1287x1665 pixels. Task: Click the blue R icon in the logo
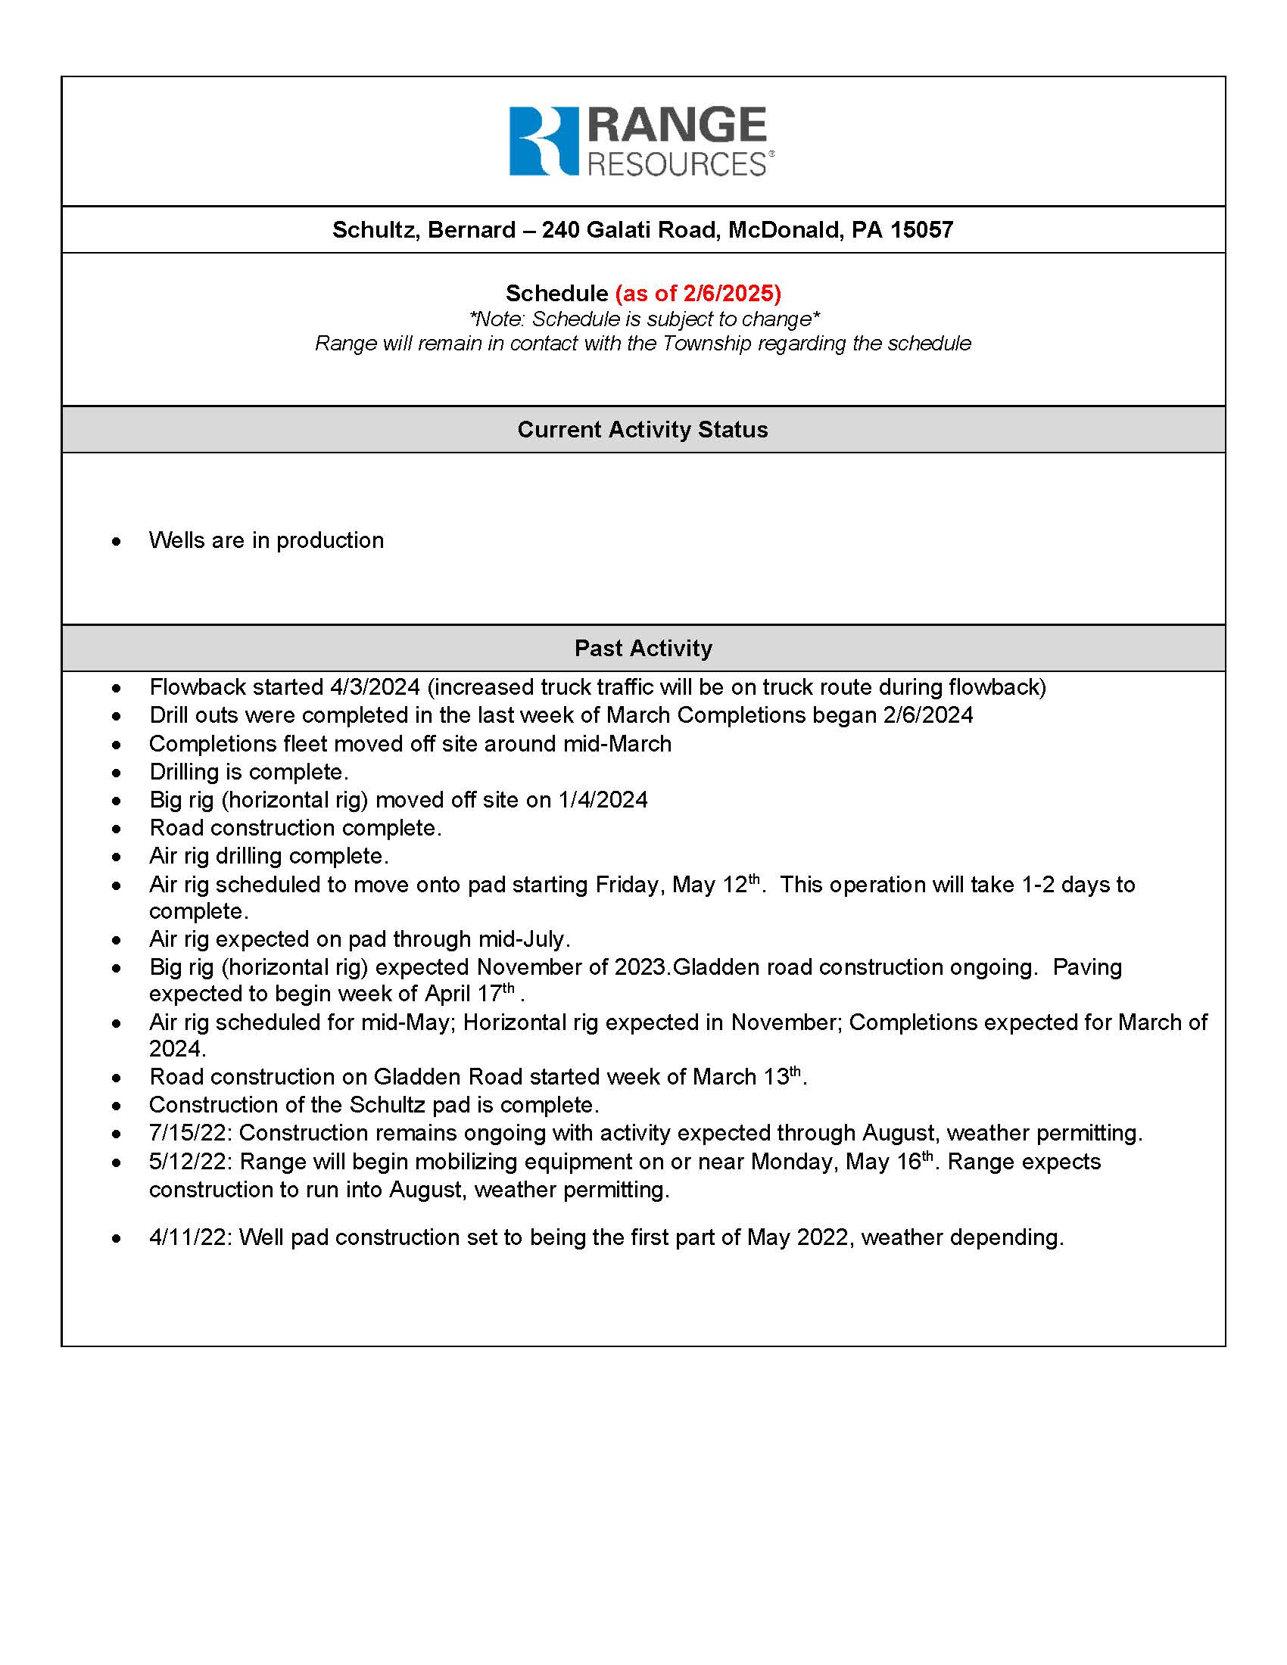pyautogui.click(x=543, y=141)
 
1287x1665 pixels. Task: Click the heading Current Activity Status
pyautogui.click(x=643, y=430)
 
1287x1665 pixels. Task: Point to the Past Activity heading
pyautogui.click(x=643, y=649)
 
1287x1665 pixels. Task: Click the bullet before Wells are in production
pyautogui.click(x=116, y=541)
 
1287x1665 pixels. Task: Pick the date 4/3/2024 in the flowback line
pyautogui.click(x=374, y=688)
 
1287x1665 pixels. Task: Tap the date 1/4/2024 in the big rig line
pyautogui.click(x=603, y=801)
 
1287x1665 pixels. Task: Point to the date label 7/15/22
pyautogui.click(x=190, y=1134)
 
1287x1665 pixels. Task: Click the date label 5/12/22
pyautogui.click(x=190, y=1162)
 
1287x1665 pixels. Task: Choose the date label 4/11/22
pyautogui.click(x=190, y=1237)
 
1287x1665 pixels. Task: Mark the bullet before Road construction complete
pyautogui.click(x=116, y=829)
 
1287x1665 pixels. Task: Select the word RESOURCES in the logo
pyautogui.click(x=676, y=165)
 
